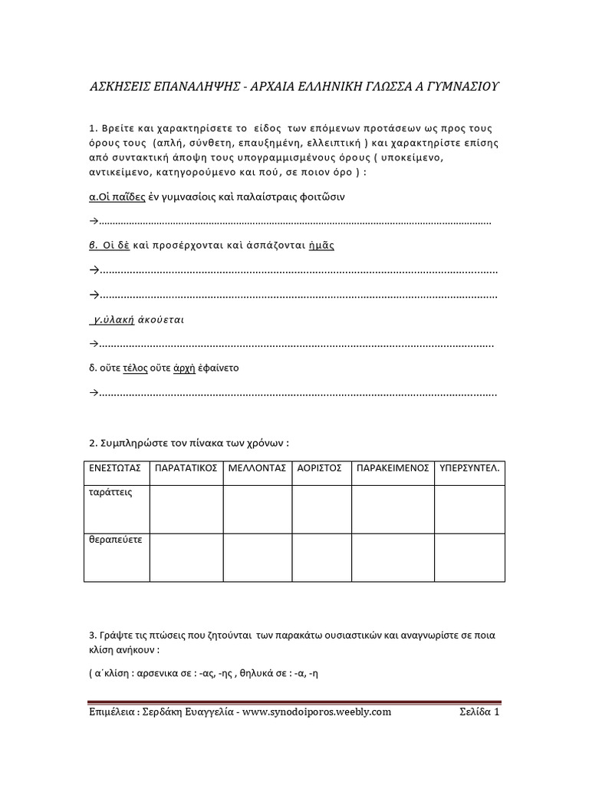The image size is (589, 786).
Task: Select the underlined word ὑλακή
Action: click(119, 319)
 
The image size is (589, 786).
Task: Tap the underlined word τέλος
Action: click(135, 368)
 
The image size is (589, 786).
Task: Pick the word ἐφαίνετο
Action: click(219, 368)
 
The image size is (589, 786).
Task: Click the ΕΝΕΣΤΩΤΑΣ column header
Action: click(116, 467)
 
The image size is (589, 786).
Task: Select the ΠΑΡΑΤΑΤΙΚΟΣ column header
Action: click(186, 467)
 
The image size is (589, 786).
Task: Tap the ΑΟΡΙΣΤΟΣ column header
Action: click(321, 467)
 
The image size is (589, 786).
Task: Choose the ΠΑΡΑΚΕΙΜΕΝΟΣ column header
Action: click(392, 467)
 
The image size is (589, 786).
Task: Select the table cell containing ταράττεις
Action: click(116, 508)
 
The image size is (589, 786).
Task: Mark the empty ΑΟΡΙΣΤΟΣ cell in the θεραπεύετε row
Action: click(321, 557)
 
